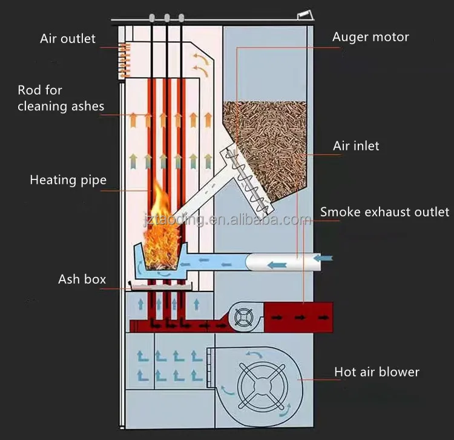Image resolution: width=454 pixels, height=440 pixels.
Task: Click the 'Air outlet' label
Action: tap(68, 39)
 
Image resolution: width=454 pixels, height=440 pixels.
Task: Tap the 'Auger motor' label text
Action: tap(370, 37)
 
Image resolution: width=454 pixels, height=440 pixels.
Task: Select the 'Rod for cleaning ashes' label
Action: tap(61, 98)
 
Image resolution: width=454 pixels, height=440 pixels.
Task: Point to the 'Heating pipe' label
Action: tap(68, 179)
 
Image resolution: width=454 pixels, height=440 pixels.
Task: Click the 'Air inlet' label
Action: tap(356, 146)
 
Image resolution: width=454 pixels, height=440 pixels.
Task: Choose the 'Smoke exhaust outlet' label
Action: tap(384, 212)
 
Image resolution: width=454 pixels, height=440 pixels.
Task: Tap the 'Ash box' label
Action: tap(82, 279)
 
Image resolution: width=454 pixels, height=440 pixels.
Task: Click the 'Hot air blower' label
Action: tap(377, 372)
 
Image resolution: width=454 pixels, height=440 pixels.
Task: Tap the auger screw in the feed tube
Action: tap(244, 173)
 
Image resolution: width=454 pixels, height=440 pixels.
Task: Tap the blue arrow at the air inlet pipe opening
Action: tap(324, 259)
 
